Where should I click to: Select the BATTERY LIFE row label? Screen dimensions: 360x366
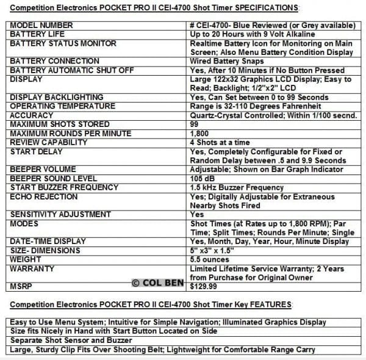36,34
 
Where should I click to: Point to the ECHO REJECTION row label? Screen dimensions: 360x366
44,196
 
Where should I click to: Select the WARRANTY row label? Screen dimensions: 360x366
32,268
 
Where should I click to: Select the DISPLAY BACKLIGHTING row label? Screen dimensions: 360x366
57,97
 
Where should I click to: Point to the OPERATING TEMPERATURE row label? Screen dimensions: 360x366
62,106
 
